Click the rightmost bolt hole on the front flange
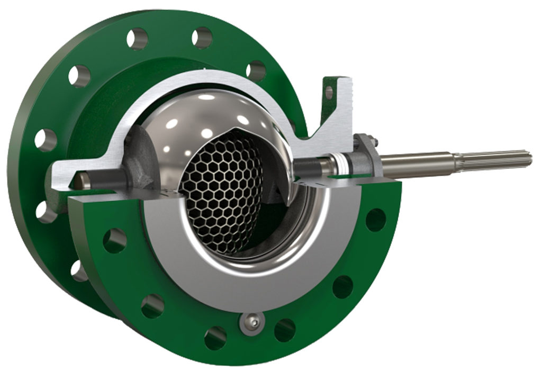[x=375, y=219]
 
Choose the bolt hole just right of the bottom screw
[x=285, y=330]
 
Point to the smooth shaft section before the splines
[x=418, y=163]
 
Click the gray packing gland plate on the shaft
[x=365, y=156]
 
